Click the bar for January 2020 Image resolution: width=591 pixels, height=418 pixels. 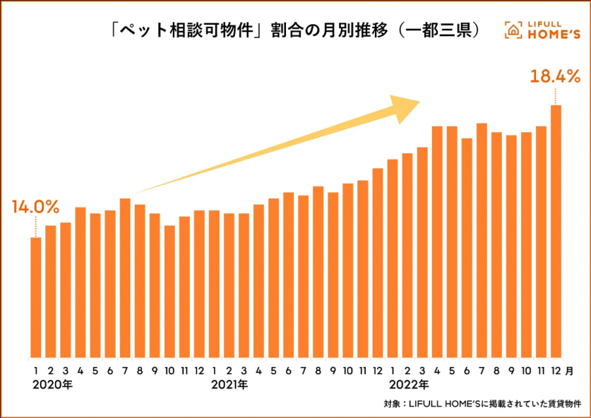pyautogui.click(x=35, y=297)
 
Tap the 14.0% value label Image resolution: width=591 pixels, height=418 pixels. pyautogui.click(x=35, y=207)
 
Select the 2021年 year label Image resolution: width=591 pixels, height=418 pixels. pyautogui.click(x=230, y=385)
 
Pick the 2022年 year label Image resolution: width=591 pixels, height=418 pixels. pyautogui.click(x=409, y=385)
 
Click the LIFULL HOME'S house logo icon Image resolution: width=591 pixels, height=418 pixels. pyautogui.click(x=513, y=30)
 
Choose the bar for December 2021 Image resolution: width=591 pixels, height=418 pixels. pyautogui.click(x=378, y=262)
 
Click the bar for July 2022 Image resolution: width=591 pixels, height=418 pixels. pyautogui.click(x=482, y=240)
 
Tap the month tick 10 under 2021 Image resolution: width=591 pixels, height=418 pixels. pyautogui.click(x=348, y=370)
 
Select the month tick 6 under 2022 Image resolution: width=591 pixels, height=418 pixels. pyautogui.click(x=467, y=370)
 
